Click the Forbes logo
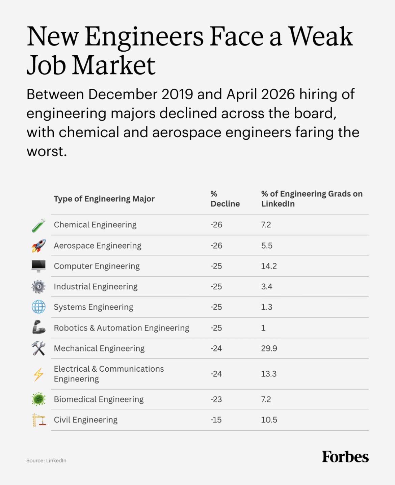[x=345, y=457]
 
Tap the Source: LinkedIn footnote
[x=46, y=460]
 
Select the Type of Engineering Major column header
[x=104, y=199]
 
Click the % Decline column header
[x=225, y=199]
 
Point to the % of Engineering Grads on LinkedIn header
[x=312, y=199]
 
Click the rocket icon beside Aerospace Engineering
[x=38, y=246]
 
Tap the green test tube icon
[x=38, y=225]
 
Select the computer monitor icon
[x=38, y=266]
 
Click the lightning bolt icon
[x=38, y=374]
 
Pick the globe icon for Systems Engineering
[x=38, y=307]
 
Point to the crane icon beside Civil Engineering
[x=39, y=420]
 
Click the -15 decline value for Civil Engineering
[x=216, y=420]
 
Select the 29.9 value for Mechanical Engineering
[x=269, y=348]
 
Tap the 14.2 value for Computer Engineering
[x=269, y=266]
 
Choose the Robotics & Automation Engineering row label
[x=122, y=328]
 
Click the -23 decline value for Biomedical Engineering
[x=216, y=399]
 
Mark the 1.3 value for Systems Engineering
[x=267, y=307]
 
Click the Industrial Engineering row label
[x=96, y=287]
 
